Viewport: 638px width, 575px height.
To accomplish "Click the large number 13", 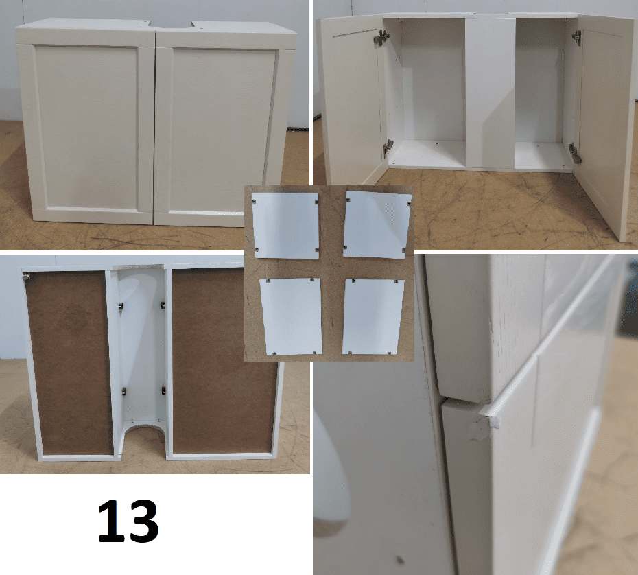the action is (128, 521).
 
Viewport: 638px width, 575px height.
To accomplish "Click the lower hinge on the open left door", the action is (388, 148).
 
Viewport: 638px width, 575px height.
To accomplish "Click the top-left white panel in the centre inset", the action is (286, 224).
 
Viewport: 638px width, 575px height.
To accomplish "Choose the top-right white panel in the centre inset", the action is (377, 224).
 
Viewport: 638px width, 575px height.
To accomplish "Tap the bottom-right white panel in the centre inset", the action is (373, 316).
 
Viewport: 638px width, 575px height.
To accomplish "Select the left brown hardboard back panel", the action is (69, 362).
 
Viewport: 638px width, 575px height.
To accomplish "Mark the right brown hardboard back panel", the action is (224, 360).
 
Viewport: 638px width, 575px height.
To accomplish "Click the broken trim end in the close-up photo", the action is (488, 416).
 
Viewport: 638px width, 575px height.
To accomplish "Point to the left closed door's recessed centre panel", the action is (86, 127).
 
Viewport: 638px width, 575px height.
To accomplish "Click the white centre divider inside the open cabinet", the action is (490, 93).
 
